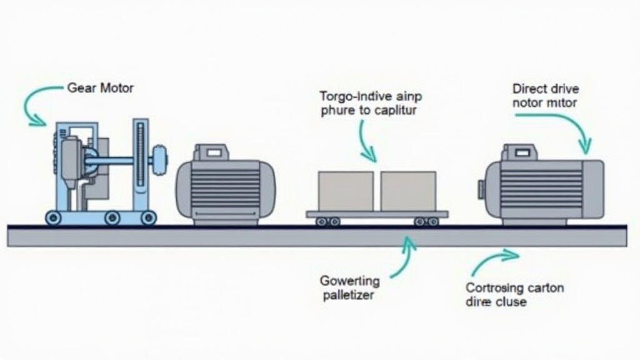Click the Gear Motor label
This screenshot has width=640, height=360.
[x=100, y=88]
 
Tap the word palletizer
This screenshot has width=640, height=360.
[x=349, y=295]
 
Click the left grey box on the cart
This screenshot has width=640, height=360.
[x=346, y=191]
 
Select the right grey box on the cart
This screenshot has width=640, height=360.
[x=408, y=191]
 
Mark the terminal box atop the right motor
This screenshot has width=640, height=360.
[x=521, y=152]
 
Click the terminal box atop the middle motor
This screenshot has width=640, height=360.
[x=211, y=152]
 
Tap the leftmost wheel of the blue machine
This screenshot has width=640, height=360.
[x=52, y=217]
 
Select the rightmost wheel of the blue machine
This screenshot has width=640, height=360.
[x=148, y=217]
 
